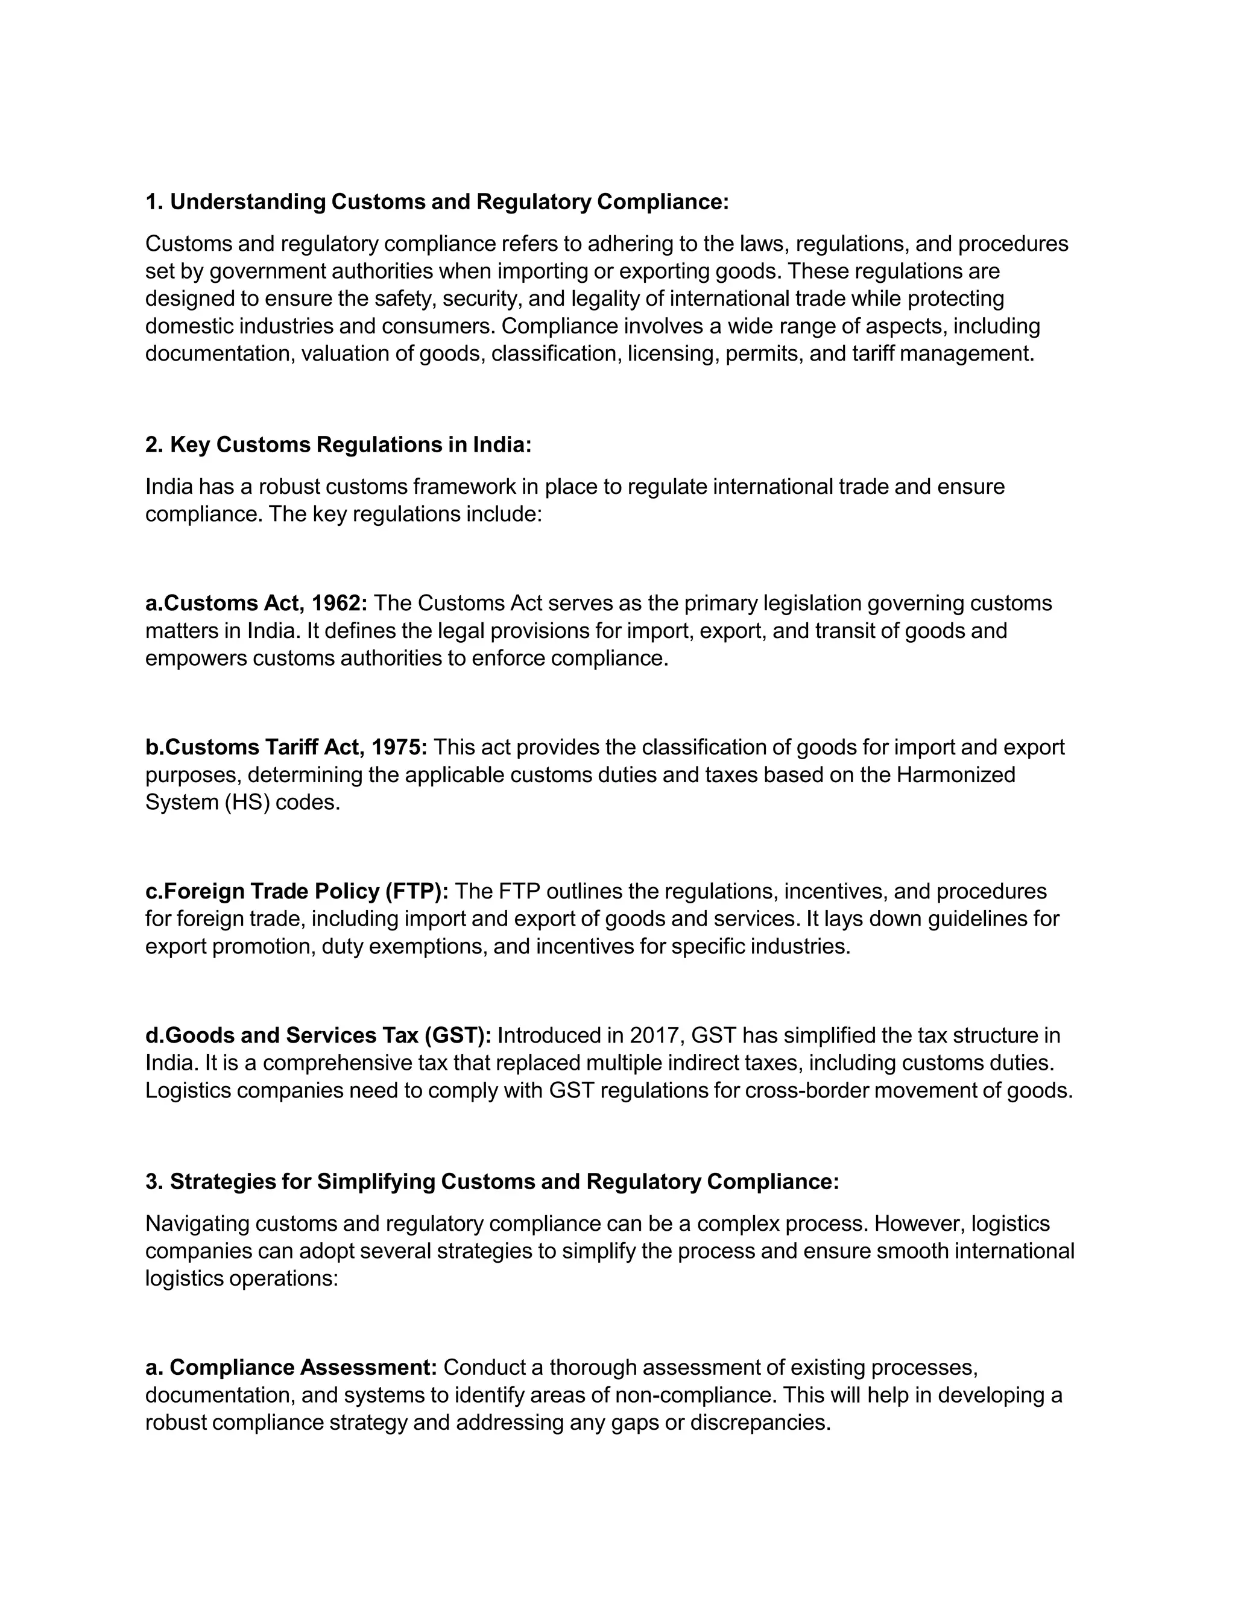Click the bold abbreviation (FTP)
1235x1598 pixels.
[x=415, y=891]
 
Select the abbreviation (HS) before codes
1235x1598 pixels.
[x=247, y=803]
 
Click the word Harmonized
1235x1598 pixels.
[x=956, y=775]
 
